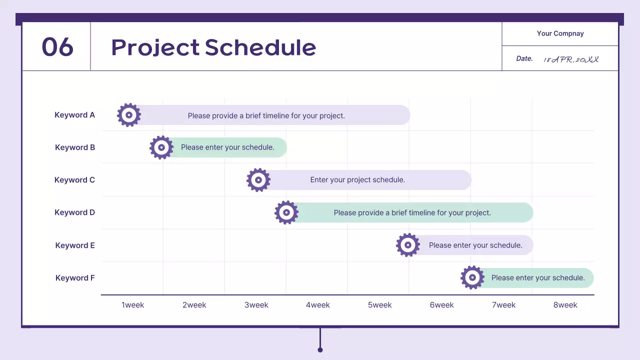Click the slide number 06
coord(57,47)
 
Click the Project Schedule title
coord(213,47)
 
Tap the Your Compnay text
coord(560,33)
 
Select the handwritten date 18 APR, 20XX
coord(571,59)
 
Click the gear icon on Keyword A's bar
coord(129,115)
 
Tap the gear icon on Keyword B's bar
coord(161,147)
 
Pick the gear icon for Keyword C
coord(258,180)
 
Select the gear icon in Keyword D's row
coord(286,212)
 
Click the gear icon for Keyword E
coord(408,245)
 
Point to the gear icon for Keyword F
coord(472,277)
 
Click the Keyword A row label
coord(74,115)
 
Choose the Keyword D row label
coord(74,212)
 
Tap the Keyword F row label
coord(75,278)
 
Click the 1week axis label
coord(132,305)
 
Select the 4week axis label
coord(318,305)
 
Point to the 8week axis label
coord(565,305)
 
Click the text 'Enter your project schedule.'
coord(357,180)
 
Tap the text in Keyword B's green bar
coord(227,147)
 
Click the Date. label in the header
coord(524,58)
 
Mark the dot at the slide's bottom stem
coord(320,349)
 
